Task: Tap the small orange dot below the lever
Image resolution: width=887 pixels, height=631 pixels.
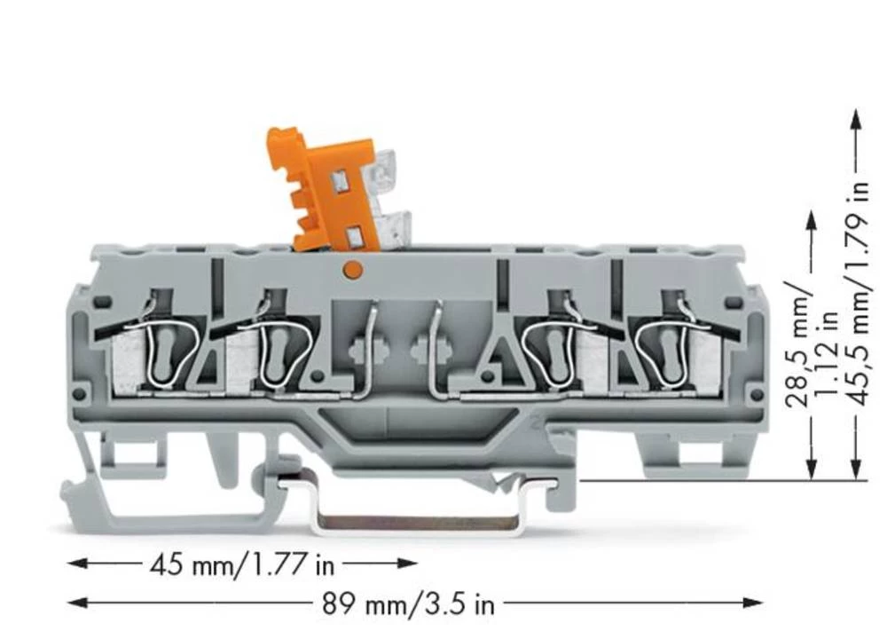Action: point(351,267)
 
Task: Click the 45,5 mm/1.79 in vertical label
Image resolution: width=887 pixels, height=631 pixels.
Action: point(857,294)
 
